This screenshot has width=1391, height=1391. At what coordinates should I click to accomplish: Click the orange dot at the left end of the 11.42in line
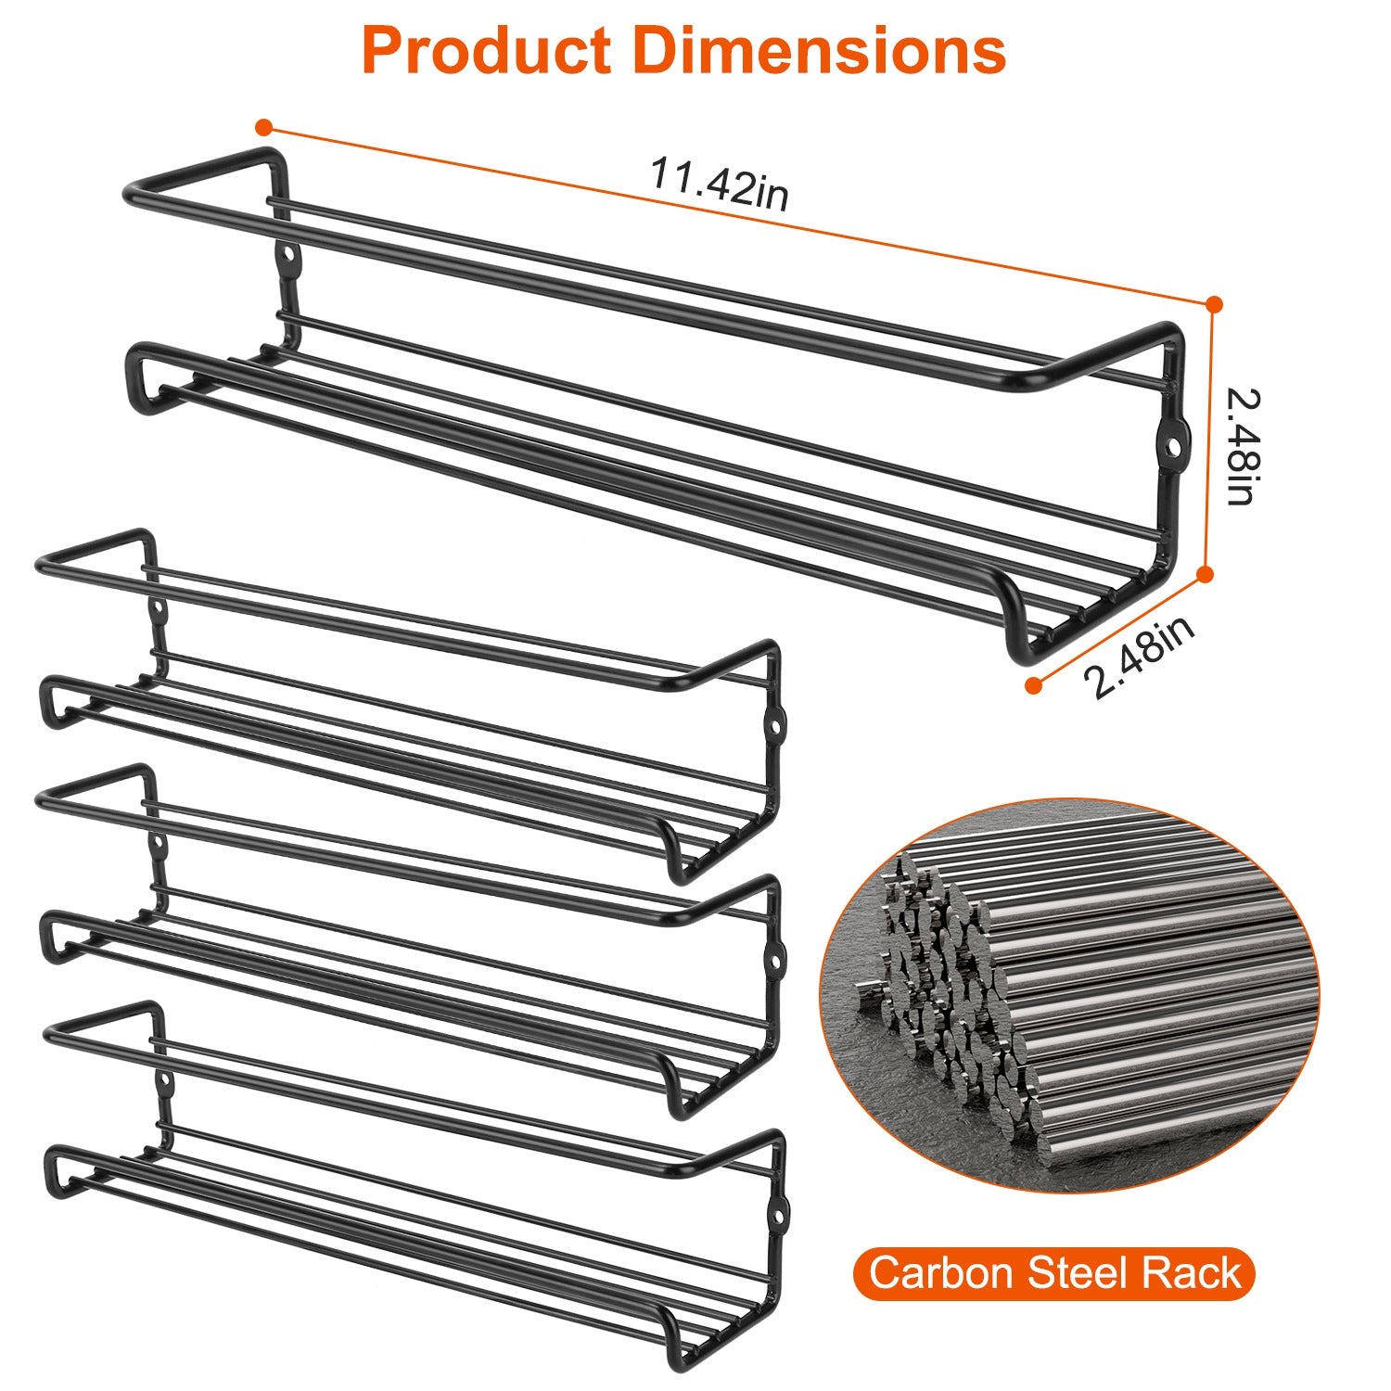(x=264, y=127)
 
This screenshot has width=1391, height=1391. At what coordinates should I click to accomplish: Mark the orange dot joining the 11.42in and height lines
(x=1214, y=304)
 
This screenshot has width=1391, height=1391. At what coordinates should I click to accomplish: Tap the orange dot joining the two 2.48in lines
(x=1205, y=575)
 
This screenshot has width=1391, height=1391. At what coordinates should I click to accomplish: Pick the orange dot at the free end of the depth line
(x=1033, y=685)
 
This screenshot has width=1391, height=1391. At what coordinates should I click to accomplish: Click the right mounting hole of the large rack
(x=1175, y=446)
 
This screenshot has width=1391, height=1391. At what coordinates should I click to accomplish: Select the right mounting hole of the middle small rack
(x=775, y=954)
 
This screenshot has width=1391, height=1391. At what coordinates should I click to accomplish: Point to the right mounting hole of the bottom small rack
(x=779, y=1211)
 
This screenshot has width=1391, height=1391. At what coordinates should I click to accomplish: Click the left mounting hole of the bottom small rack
(x=165, y=1081)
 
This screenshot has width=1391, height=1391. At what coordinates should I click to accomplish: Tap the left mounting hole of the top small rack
(x=159, y=610)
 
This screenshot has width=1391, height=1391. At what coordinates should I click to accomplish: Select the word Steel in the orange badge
(x=1077, y=1273)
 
